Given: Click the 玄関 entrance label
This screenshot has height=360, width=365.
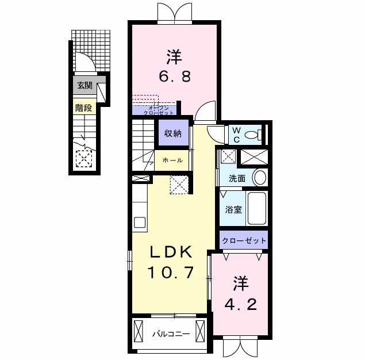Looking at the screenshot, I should [x=84, y=86].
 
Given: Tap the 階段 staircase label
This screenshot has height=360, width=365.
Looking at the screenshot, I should [x=84, y=107].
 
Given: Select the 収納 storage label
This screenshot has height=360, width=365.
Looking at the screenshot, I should [x=173, y=134].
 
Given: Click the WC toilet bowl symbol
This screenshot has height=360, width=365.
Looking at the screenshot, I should [x=252, y=135].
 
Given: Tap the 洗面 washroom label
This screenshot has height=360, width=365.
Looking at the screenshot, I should [x=237, y=178].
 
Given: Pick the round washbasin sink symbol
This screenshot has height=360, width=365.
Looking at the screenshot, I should [x=260, y=177].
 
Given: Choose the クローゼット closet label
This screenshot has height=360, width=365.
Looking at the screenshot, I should [x=244, y=240].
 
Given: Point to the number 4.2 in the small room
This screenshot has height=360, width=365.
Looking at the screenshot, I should [x=240, y=303].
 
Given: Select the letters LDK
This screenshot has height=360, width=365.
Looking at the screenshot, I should [x=167, y=252].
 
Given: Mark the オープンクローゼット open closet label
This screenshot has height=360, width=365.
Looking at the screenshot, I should [x=154, y=110].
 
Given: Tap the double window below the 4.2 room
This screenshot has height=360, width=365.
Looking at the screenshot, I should [x=238, y=348].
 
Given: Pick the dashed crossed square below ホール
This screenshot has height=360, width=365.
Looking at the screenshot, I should [x=179, y=186].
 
